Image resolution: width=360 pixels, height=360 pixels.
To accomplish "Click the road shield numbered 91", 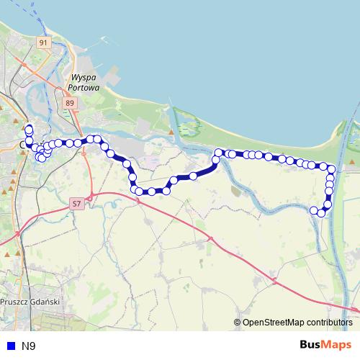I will click(44, 44).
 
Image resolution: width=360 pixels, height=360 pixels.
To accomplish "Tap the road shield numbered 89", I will click(69, 104).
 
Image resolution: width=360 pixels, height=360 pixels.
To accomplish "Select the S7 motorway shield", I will click(77, 204).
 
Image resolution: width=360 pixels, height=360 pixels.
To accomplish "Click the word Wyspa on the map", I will click(85, 77).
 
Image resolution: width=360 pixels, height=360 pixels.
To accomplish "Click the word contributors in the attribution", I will click(328, 323).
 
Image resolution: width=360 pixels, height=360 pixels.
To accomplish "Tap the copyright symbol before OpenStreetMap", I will click(237, 323).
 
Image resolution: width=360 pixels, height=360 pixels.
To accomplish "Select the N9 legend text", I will click(28, 346).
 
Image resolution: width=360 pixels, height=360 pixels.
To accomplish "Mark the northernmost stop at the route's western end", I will click(29, 129).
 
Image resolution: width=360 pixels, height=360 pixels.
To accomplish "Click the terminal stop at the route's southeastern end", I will click(313, 210).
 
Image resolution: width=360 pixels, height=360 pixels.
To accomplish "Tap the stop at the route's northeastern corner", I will click(332, 169).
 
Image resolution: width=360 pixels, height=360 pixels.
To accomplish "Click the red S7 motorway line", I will click(216, 241).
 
